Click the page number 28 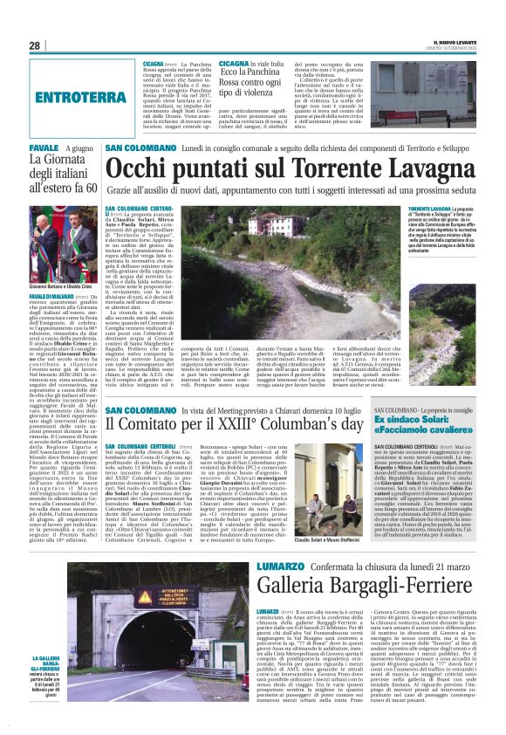pos(34,45)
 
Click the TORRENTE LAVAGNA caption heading pos(431,210)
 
